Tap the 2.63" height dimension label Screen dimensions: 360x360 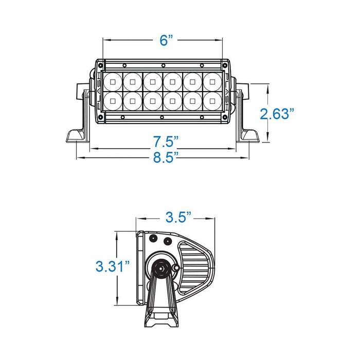277,114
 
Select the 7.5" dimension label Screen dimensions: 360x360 166,141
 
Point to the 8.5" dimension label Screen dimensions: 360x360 166,157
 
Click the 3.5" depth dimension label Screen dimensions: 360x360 178,217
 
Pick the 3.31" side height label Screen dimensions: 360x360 113,266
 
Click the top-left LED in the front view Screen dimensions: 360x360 113,82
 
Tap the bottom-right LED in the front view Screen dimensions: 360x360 212,101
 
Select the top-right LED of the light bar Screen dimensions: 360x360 212,82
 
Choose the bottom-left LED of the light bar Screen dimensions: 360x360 113,101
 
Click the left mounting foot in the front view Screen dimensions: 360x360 77,136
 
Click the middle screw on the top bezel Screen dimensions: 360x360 163,65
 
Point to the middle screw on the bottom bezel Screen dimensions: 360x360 162,117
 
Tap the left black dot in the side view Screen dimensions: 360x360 153,238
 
